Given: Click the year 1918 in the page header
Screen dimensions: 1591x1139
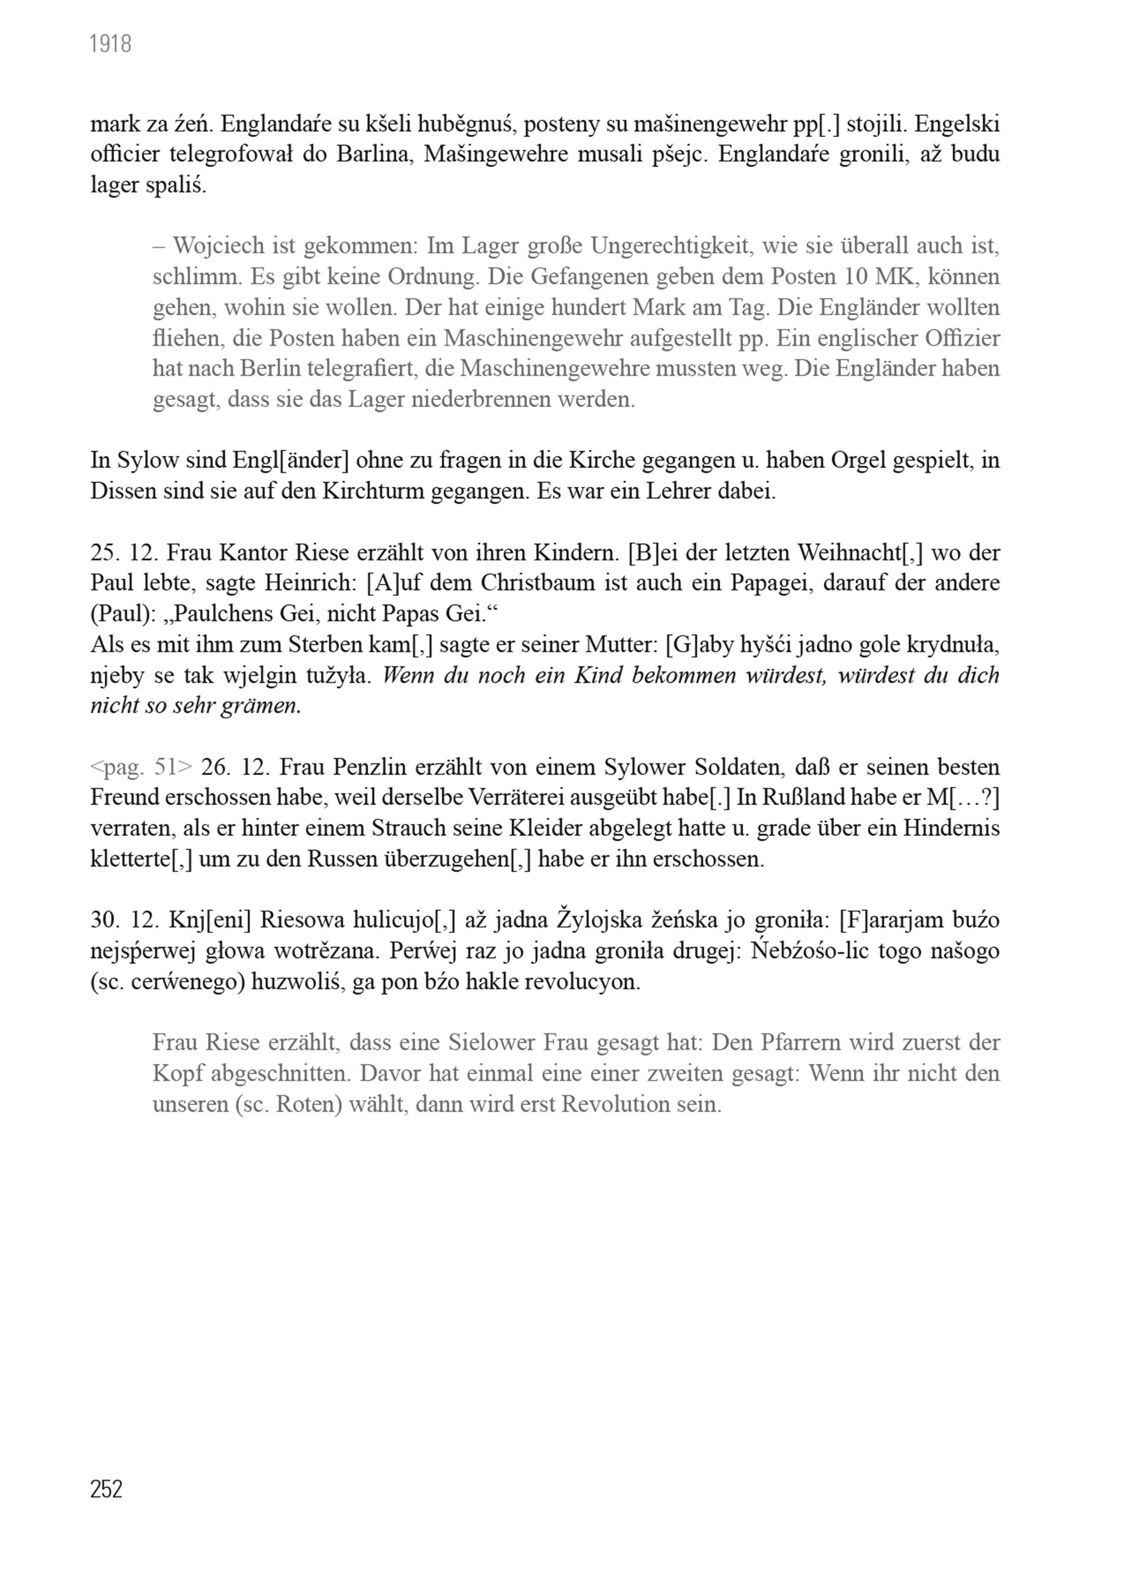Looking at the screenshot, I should tap(111, 45).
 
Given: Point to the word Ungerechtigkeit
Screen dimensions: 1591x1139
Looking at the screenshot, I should tap(670, 246).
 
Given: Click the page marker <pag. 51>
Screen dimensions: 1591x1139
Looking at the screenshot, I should tap(141, 767).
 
